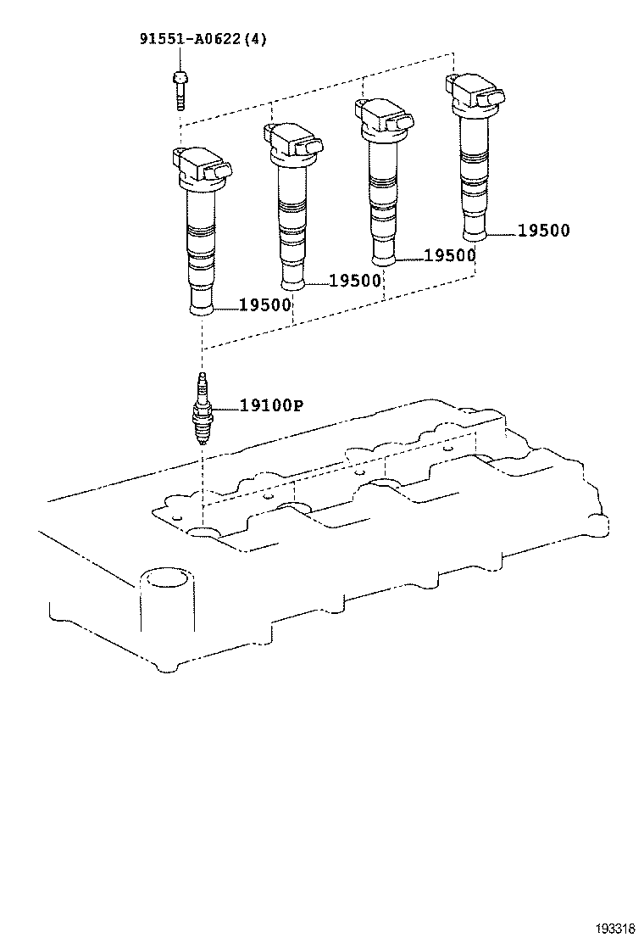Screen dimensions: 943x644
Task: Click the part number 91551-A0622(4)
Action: click(x=203, y=39)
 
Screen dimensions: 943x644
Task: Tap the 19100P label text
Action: click(x=270, y=406)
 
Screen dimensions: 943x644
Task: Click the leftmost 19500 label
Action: click(x=265, y=304)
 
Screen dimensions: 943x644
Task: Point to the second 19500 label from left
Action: click(x=355, y=281)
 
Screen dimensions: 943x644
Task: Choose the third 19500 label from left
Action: click(x=449, y=255)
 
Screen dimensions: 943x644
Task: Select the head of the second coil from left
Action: click(x=294, y=141)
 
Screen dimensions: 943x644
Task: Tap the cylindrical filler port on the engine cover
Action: click(x=165, y=585)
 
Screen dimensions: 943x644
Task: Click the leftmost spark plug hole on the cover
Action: click(x=203, y=533)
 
